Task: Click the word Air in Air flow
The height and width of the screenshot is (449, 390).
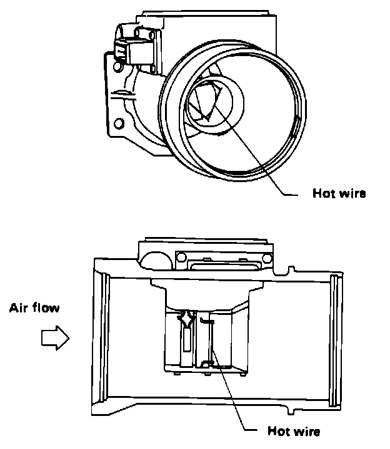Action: pyautogui.click(x=19, y=307)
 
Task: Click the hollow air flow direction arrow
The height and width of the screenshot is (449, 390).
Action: pyautogui.click(x=54, y=338)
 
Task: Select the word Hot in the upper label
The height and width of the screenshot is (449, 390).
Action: pyautogui.click(x=323, y=193)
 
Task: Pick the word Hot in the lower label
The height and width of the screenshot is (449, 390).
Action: pyautogui.click(x=278, y=430)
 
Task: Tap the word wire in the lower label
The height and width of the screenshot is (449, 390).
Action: pyautogui.click(x=307, y=430)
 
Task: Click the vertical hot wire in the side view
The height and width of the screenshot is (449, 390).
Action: pyautogui.click(x=211, y=343)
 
